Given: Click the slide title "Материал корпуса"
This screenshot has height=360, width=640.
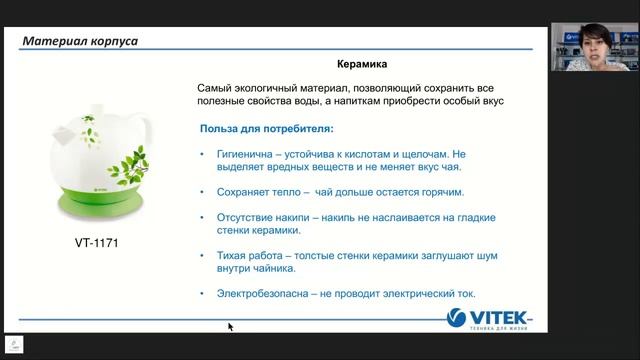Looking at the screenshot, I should pos(81,41).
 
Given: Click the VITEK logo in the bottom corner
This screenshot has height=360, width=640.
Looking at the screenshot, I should pos(487,320).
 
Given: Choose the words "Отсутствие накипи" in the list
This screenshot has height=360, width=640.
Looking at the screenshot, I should pos(262,217).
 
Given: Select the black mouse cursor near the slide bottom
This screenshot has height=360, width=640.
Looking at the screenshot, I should pos(230,326).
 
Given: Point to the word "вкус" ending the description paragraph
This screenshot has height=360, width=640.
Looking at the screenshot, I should pos(488,102).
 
